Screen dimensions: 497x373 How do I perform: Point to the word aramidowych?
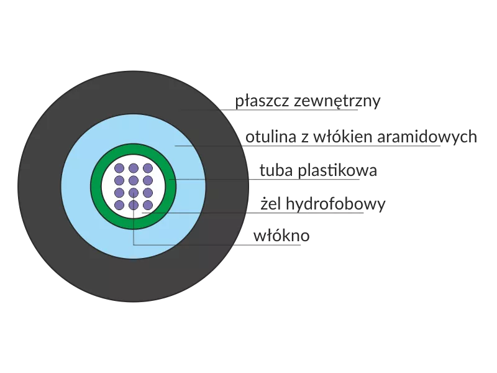(427, 137)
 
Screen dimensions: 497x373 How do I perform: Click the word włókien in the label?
(343, 136)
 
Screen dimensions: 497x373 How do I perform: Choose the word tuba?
(276, 170)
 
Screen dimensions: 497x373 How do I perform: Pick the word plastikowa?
(337, 170)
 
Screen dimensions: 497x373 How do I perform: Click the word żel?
(271, 203)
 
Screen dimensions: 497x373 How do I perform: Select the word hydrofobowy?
(335, 204)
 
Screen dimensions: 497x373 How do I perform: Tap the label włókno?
(281, 236)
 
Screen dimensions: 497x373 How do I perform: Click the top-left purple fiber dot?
(119, 168)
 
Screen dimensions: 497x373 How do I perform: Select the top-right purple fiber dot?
(148, 168)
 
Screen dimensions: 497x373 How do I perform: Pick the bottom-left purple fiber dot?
(119, 205)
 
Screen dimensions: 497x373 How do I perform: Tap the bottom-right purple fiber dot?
(148, 205)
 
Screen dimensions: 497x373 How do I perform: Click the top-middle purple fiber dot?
(134, 168)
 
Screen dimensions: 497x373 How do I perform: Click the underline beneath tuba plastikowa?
(265, 180)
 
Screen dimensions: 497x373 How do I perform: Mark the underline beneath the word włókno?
(217, 245)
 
